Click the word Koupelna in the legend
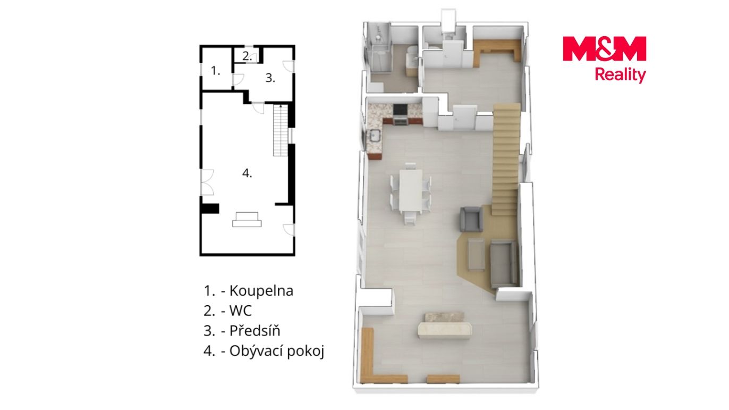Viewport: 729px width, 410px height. [261, 291]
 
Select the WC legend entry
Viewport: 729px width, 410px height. [241, 311]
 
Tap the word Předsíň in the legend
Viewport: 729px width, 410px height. [255, 330]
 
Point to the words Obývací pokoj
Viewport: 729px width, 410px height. [277, 351]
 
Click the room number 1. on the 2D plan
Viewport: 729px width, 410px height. [215, 70]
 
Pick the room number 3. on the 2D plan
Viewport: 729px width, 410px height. [270, 78]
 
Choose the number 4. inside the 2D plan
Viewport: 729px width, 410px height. [247, 173]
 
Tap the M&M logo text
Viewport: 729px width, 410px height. [604, 48]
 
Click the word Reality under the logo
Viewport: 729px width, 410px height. [620, 75]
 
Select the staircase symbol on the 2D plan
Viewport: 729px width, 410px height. [281, 130]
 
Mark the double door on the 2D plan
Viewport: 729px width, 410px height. [207, 182]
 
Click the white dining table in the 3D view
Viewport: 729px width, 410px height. [411, 190]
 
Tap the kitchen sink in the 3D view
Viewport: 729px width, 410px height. [376, 135]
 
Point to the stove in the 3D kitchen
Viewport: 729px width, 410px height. [400, 114]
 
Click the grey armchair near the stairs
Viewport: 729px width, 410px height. [471, 219]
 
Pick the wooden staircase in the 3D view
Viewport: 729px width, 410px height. [505, 160]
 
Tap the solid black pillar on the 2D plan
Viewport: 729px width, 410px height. [210, 208]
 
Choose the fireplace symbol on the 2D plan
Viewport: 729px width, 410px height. [247, 219]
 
